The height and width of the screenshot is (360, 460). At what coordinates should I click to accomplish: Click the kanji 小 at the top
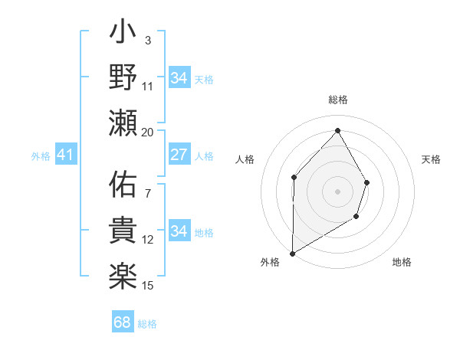122,35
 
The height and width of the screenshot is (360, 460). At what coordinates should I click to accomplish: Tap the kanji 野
122,78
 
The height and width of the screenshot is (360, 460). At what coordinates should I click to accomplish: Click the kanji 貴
122,230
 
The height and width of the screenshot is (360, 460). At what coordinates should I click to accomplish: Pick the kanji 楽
122,273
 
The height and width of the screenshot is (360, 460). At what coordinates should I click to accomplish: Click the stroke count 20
148,132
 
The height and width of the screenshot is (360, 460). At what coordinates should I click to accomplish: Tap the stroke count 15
148,286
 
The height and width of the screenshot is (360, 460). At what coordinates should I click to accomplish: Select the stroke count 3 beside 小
148,40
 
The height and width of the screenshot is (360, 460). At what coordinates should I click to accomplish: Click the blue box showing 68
123,322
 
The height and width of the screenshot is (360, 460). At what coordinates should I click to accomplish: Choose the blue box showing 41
65,155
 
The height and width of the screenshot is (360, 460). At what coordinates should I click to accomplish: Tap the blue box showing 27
179,155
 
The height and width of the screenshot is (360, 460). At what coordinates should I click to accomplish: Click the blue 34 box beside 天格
179,78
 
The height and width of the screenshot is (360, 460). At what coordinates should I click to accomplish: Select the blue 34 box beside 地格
179,231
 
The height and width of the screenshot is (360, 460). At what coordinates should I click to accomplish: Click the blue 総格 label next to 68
147,324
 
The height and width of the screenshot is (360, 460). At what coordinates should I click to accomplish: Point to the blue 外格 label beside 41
41,156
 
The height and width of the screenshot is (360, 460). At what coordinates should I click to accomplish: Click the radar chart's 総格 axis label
337,100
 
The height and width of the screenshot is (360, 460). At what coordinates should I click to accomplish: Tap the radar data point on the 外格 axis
293,253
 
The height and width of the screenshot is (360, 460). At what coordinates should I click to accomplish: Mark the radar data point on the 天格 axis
366,182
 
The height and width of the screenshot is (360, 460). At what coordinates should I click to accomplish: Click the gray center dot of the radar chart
337,191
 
